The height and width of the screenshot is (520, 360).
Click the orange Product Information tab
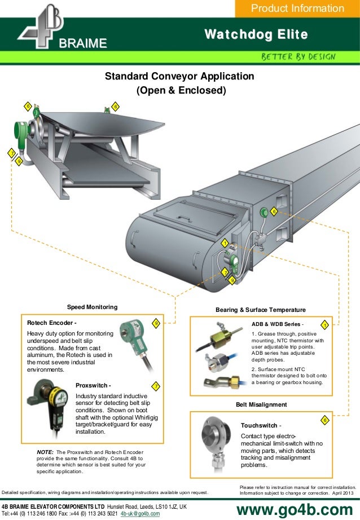point(297,8)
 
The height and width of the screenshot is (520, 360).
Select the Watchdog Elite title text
point(256,35)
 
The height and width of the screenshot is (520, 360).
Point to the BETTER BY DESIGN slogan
point(298,57)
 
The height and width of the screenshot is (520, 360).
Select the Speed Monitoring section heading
point(93,307)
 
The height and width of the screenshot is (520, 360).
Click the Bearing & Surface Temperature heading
point(261,310)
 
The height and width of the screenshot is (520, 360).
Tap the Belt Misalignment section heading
point(261,404)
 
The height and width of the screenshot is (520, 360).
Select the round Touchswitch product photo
point(216,440)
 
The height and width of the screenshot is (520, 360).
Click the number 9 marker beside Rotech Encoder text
point(156,323)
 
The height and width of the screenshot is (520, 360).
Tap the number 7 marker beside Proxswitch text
point(155,386)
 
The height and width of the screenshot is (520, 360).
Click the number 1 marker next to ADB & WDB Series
point(324,325)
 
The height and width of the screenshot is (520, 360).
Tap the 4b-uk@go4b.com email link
point(141,514)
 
